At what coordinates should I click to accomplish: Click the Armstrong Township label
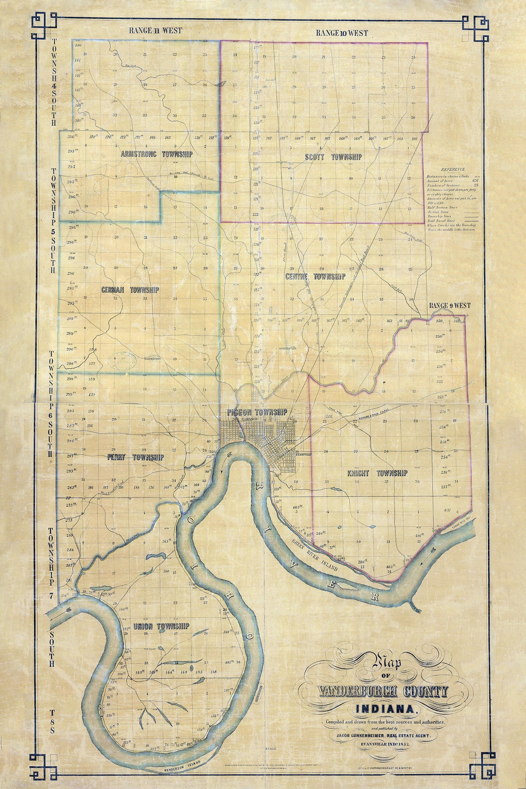tap(156, 154)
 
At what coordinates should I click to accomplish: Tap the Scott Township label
tap(333, 157)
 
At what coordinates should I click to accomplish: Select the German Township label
tap(130, 290)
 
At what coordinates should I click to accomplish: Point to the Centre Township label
tap(315, 276)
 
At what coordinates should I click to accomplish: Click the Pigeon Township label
tap(257, 412)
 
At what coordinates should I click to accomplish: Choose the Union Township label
tap(161, 626)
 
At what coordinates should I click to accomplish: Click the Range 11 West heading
tap(155, 30)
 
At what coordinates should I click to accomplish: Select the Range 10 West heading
tap(342, 33)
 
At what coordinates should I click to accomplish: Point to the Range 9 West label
tap(449, 305)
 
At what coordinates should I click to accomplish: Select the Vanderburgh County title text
tap(383, 691)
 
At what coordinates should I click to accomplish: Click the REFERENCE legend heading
tap(453, 170)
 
